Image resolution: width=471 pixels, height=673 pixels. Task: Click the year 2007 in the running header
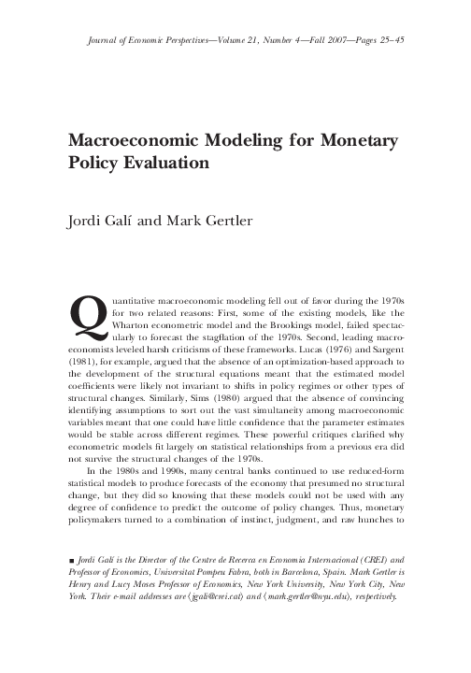(332, 42)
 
